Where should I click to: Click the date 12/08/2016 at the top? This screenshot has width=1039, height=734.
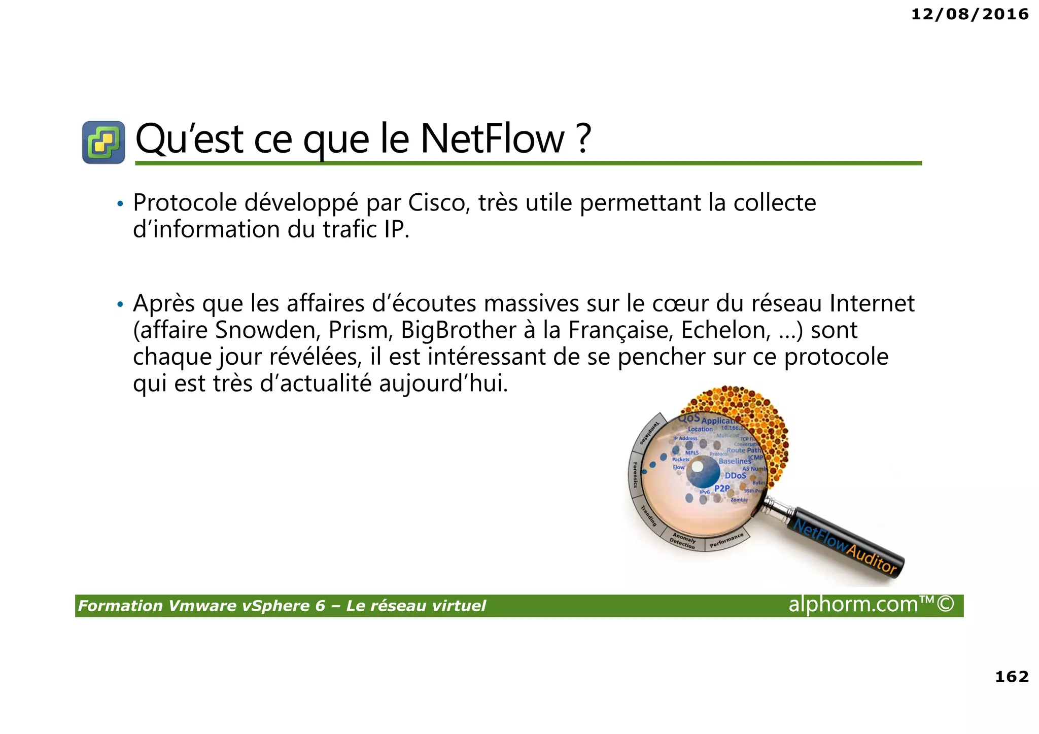(969, 14)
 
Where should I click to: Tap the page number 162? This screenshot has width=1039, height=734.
(1012, 677)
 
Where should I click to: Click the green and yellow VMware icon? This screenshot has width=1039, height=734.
(103, 142)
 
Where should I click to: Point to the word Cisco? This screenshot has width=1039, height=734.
(437, 203)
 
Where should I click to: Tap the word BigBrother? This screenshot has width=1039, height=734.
(459, 330)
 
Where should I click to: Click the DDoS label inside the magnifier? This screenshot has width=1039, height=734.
(735, 476)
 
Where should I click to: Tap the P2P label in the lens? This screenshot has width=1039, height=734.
(722, 488)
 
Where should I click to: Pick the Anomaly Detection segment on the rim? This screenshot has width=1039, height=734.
(683, 542)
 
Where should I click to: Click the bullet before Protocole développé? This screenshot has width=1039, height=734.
(120, 204)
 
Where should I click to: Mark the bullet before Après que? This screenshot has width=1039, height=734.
(120, 305)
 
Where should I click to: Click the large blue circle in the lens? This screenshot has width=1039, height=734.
(703, 472)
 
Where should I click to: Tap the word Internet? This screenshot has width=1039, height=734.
(872, 304)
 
